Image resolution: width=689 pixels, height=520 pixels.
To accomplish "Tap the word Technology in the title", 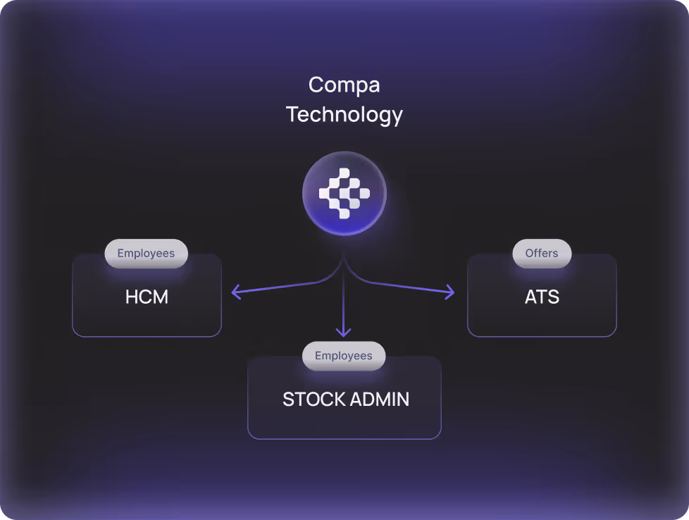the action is [344, 114].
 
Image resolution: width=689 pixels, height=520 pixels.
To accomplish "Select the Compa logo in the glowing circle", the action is [344, 192].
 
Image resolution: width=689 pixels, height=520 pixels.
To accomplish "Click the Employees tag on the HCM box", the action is [146, 254].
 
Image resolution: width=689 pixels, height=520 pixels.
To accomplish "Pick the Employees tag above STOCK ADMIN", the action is [344, 356].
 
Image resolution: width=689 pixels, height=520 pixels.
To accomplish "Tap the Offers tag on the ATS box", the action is [541, 254].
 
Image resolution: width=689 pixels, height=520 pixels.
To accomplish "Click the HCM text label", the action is [147, 297].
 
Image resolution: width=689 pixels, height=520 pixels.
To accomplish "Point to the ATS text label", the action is [542, 297].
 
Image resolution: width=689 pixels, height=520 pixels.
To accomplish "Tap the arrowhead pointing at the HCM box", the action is [235, 292].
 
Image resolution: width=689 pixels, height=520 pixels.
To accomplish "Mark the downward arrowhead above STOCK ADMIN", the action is [344, 333].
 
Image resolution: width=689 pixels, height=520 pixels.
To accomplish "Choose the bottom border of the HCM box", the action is [147, 336].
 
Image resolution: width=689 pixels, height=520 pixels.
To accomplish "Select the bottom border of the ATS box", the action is [542, 336].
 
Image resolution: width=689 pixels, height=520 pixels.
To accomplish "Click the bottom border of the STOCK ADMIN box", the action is [344, 438].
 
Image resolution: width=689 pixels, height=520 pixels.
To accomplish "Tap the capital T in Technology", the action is [292, 114].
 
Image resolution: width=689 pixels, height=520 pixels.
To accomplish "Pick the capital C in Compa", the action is [316, 86].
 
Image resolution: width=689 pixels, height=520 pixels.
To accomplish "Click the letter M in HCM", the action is [161, 297].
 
